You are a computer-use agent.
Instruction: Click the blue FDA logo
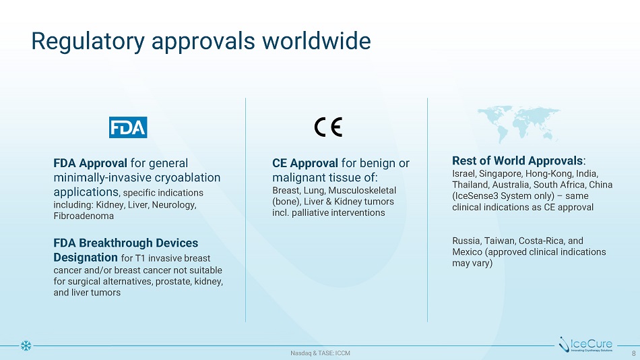128,127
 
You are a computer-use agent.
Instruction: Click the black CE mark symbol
328,127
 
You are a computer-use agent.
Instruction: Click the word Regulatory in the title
88,41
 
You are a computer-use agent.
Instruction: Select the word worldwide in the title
317,40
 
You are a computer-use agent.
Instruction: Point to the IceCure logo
585,344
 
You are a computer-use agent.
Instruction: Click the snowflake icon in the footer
26,346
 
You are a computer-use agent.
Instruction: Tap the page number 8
634,353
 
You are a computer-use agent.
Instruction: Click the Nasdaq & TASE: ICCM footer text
320,353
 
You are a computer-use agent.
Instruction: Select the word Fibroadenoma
84,216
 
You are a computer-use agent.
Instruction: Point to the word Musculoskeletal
362,190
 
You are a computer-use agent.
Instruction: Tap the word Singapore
500,174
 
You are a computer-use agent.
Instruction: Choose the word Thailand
470,185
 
